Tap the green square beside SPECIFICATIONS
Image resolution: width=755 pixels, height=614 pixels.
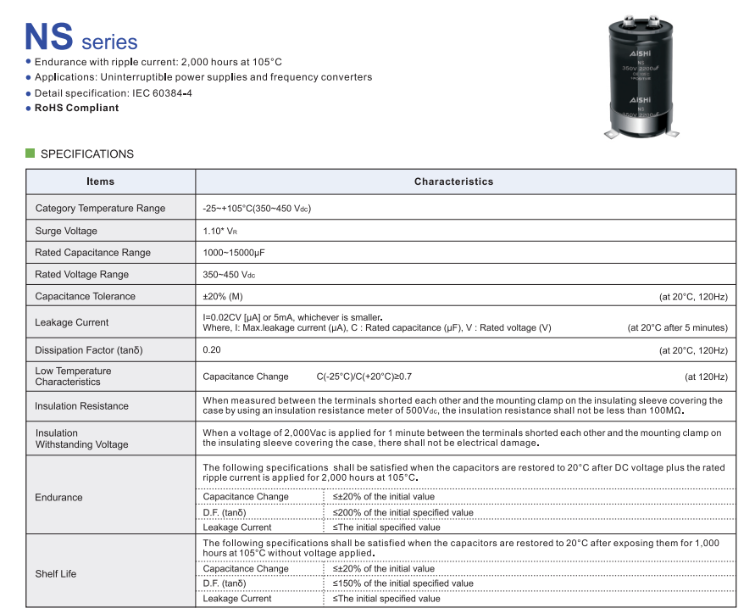coord(31,153)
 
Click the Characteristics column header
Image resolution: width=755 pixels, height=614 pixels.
coord(453,181)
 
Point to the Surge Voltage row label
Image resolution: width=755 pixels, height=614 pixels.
coord(66,231)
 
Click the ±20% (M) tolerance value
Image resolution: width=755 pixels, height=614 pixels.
coord(223,296)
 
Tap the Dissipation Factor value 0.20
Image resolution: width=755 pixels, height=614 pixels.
coord(212,350)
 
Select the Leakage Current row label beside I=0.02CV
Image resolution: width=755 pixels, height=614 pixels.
coord(71,322)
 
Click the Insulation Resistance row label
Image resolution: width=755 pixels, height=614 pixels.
coord(81,406)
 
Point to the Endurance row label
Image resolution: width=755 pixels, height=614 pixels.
coord(58,497)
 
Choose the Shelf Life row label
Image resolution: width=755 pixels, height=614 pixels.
coord(56,574)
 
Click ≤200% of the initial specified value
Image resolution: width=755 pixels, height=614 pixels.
coord(403,512)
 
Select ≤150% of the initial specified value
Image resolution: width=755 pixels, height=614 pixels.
coord(403,583)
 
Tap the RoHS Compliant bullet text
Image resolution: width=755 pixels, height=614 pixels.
coord(76,108)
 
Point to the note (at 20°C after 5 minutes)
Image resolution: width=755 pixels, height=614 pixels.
coord(677,328)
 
